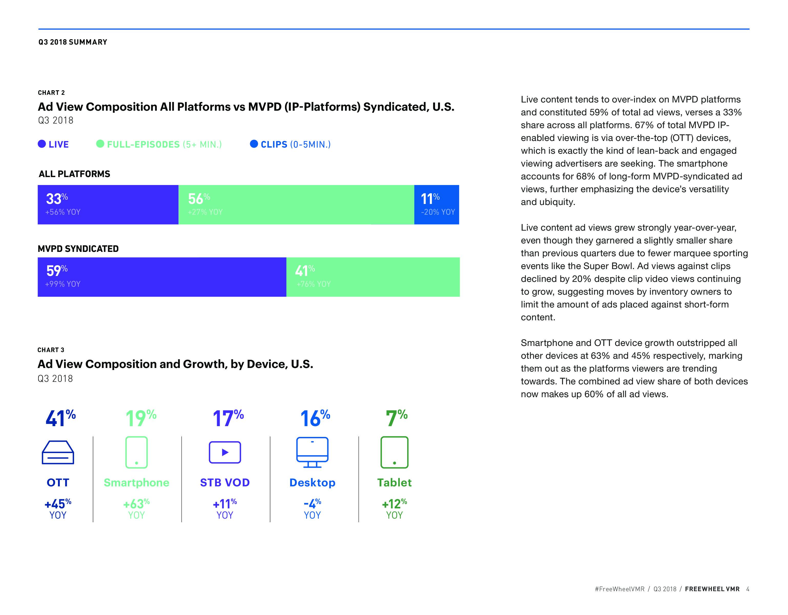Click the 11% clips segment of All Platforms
(x=437, y=204)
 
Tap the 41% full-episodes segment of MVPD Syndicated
(x=373, y=277)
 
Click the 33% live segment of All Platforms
(x=108, y=204)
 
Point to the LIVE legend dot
(x=42, y=144)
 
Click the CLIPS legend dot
(x=254, y=144)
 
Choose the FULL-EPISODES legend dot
(x=100, y=144)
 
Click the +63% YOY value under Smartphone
(x=136, y=504)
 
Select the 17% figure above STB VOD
(x=228, y=418)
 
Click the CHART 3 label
(x=51, y=350)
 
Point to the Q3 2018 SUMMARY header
(x=73, y=42)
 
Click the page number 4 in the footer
(x=748, y=589)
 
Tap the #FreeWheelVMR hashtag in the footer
(x=619, y=589)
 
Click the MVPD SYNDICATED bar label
(x=78, y=249)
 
